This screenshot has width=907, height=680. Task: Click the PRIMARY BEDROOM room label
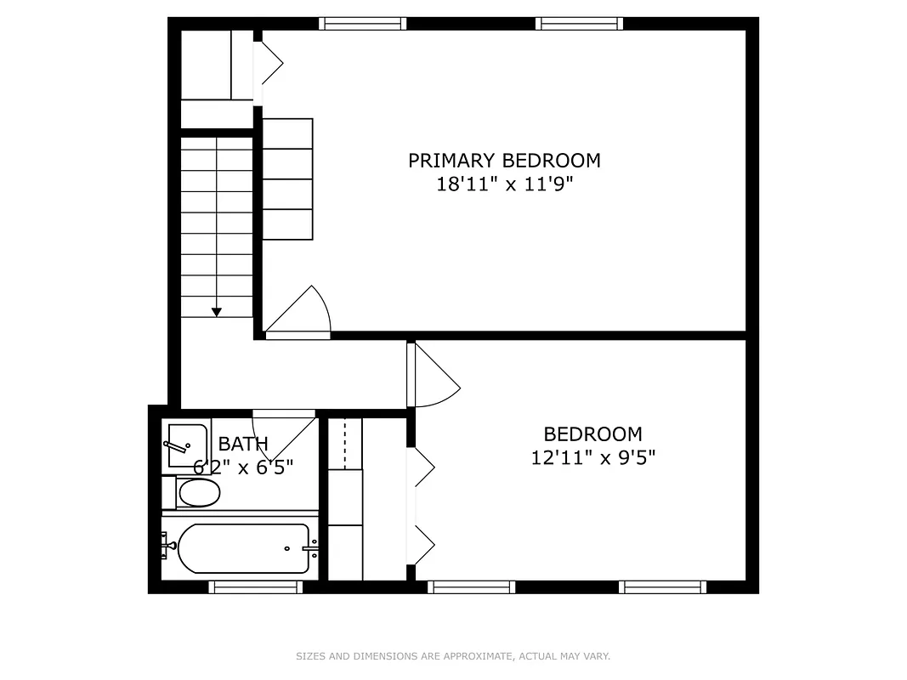click(x=504, y=161)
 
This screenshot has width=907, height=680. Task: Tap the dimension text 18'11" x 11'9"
click(x=504, y=184)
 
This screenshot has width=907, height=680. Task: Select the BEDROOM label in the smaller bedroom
click(x=592, y=434)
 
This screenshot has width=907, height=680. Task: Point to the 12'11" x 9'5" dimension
click(x=592, y=458)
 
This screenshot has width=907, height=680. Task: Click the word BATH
click(x=243, y=444)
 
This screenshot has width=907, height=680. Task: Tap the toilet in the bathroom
click(x=197, y=492)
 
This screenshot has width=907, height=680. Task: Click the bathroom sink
click(x=186, y=445)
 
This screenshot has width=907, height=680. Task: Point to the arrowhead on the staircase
click(x=217, y=312)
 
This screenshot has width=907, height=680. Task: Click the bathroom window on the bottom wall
click(x=255, y=586)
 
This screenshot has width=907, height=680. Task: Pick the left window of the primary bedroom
click(x=363, y=24)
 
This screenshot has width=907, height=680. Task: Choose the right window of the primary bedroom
click(x=580, y=24)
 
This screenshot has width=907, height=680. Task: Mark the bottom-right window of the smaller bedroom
click(x=662, y=586)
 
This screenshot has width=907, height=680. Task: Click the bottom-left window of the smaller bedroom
click(x=471, y=586)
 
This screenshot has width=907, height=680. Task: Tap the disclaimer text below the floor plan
click(x=453, y=656)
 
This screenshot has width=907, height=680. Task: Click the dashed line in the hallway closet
click(x=345, y=443)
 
